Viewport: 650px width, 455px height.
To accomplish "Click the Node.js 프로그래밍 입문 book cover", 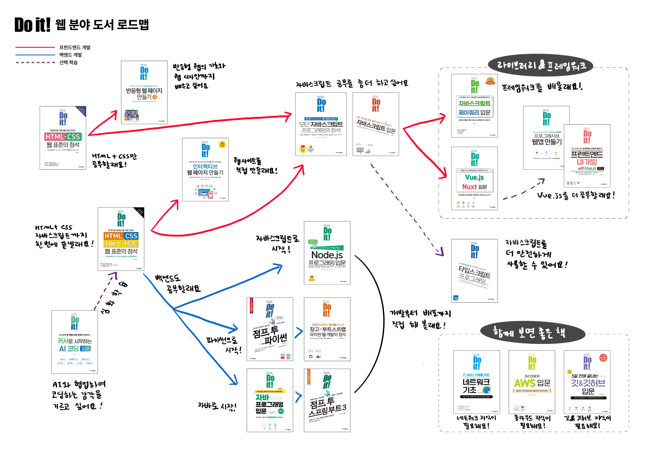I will pos(327,253).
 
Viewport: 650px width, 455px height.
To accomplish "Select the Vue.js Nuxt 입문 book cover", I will pos(474,178).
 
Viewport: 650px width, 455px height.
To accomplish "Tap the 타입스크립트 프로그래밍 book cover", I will pos(474,271).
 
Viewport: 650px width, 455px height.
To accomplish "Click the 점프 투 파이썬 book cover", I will pos(270,329).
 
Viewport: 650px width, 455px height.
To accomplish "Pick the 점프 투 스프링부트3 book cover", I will pos(327,400).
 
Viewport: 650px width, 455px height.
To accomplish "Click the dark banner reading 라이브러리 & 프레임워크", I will pos(541,65).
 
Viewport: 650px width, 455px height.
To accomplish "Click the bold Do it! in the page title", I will pos(32,25).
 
